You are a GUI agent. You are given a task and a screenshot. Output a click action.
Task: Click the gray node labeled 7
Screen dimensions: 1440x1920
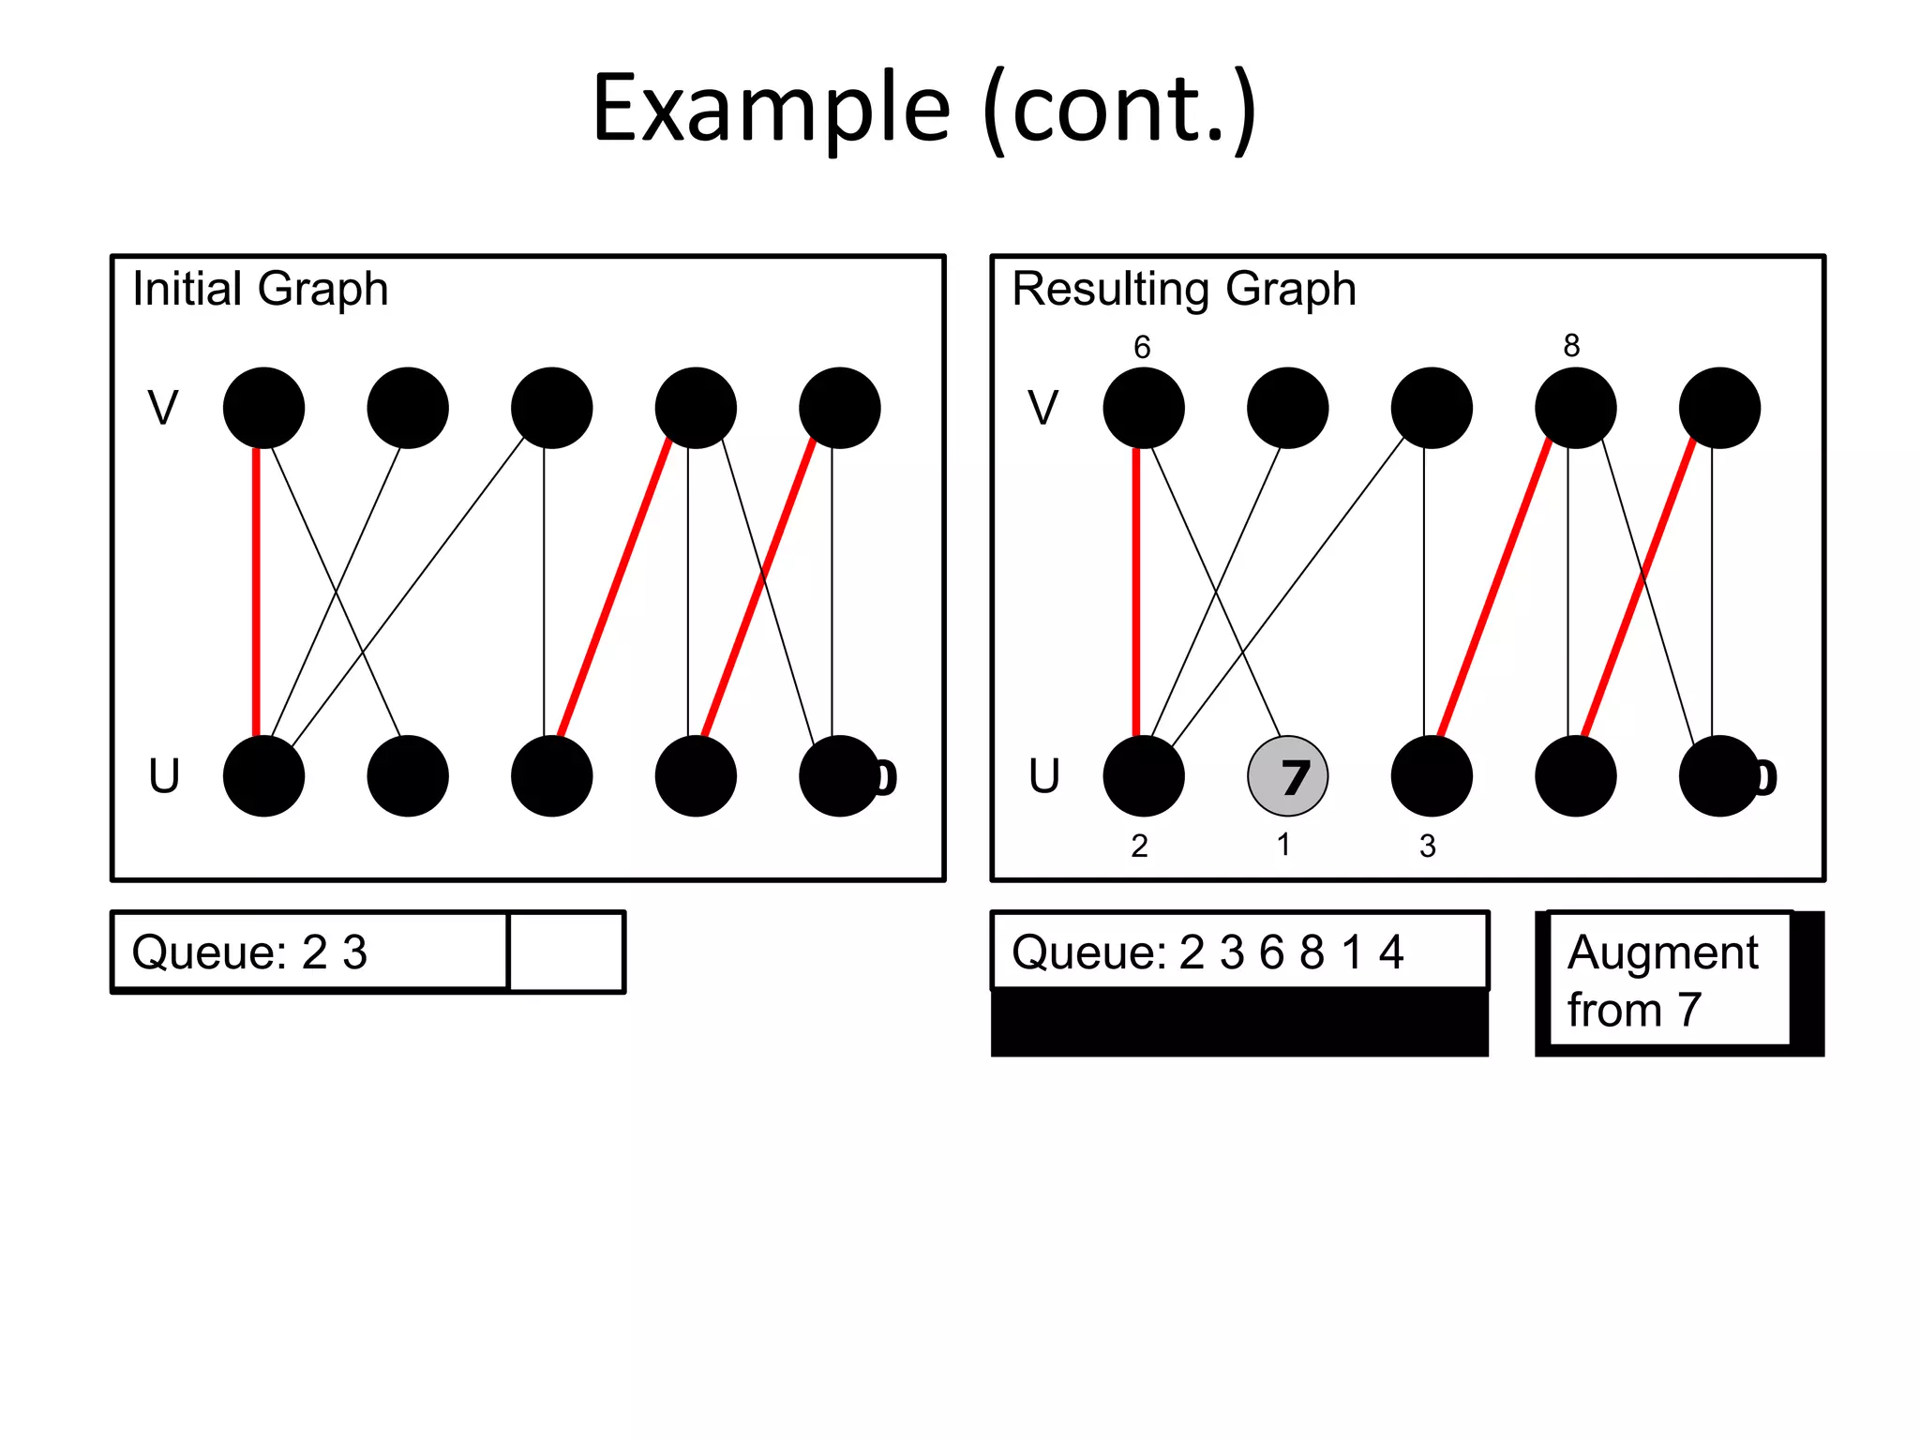[x=1287, y=775]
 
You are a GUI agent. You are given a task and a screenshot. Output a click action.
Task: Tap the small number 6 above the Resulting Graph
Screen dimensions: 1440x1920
[x=1141, y=347]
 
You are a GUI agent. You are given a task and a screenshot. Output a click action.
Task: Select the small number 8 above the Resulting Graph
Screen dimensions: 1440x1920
[x=1571, y=345]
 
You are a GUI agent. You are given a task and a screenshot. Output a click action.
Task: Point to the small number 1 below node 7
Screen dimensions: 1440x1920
[x=1283, y=845]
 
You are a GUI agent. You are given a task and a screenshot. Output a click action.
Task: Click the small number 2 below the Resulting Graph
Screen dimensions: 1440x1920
[x=1139, y=846]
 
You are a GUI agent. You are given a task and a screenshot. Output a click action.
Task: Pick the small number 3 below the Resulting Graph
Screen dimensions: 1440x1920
[x=1427, y=846]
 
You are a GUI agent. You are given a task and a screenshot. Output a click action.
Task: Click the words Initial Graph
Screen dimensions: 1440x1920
[x=260, y=289]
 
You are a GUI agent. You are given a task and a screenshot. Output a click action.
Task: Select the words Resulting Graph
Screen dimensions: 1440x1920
[x=1183, y=289]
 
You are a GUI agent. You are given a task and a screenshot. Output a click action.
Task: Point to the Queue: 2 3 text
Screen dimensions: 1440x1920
[x=249, y=952]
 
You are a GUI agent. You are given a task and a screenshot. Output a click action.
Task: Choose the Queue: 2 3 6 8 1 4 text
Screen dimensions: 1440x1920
[x=1207, y=952]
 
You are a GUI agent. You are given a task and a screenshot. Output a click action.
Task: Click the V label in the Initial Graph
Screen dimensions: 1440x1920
[x=163, y=408]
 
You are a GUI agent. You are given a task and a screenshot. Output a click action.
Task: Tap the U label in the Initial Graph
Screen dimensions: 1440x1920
[x=164, y=776]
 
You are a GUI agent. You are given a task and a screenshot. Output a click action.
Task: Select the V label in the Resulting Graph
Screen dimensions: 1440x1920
[x=1042, y=408]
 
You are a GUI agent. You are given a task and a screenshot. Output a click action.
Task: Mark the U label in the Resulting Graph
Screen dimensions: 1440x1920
[x=1043, y=776]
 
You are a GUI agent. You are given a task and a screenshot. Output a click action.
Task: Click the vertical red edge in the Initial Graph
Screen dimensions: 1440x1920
[x=256, y=591]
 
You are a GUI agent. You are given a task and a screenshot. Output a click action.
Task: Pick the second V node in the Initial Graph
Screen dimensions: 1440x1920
[x=407, y=408]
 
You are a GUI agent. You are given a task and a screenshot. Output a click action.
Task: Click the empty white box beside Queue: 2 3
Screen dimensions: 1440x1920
[x=566, y=952]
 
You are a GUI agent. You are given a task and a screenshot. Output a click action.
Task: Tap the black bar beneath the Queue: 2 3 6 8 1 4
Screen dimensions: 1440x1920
[x=1238, y=1024]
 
